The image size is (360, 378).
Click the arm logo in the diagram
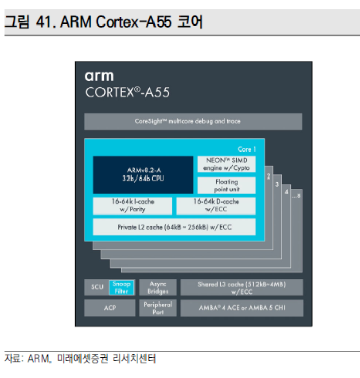[99, 77]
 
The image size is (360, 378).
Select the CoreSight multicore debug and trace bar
[187, 121]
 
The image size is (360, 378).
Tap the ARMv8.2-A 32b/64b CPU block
[143, 174]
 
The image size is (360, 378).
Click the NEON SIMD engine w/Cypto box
[226, 164]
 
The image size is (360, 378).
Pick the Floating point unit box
[226, 185]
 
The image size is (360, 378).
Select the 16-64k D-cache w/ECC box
[216, 206]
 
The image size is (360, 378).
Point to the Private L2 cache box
[174, 227]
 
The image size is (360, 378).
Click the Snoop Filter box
[121, 287]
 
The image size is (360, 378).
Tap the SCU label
[96, 287]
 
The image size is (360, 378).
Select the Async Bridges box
[158, 287]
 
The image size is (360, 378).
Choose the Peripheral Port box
[158, 308]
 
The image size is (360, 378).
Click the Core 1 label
[247, 149]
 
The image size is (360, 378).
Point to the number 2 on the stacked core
[268, 177]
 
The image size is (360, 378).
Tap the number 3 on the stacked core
[277, 184]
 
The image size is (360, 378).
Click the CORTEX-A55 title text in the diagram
[127, 93]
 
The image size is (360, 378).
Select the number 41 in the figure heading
[44, 22]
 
